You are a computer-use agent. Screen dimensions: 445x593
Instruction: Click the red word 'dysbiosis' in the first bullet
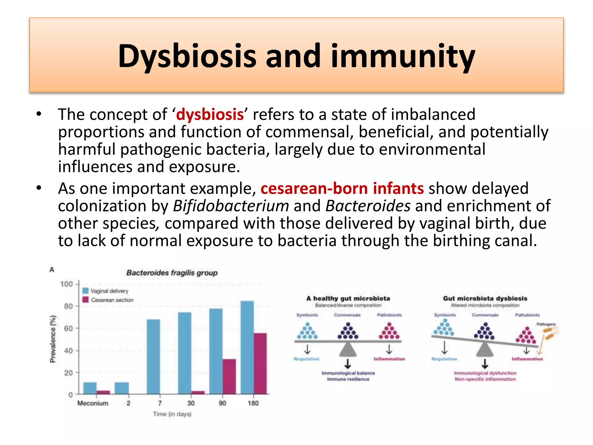[x=210, y=114]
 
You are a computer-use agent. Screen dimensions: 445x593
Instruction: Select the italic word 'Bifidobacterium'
[x=231, y=206]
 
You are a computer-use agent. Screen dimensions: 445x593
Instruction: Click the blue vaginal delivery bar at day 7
[x=153, y=356]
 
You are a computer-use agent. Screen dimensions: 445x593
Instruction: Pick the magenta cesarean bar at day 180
[x=260, y=364]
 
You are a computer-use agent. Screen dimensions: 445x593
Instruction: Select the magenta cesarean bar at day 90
[x=229, y=376]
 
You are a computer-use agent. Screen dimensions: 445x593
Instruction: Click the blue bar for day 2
[x=122, y=388]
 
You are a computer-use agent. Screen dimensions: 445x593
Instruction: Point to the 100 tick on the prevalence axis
[x=67, y=284]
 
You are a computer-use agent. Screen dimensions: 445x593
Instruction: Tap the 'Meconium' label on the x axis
[x=93, y=403]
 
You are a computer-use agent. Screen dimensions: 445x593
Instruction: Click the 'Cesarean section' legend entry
[x=112, y=300]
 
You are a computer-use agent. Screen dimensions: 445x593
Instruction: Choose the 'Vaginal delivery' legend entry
[x=109, y=291]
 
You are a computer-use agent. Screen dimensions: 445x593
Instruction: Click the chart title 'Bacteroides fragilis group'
[x=172, y=273]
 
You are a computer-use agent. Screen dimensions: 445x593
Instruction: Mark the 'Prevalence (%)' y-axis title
[x=53, y=339]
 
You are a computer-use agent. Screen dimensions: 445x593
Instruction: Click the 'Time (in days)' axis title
[x=172, y=414]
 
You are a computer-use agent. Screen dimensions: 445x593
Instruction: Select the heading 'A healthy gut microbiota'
[x=348, y=298]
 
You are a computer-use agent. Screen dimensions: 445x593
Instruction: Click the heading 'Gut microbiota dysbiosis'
[x=485, y=298]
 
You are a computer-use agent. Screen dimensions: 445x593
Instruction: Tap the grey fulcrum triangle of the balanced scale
[x=348, y=350]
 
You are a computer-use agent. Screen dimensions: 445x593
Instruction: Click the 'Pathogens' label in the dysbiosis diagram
[x=546, y=324]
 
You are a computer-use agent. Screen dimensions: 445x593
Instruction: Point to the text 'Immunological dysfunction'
[x=485, y=373]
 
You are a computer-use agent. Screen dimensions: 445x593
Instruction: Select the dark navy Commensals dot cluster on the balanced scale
[x=348, y=333]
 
